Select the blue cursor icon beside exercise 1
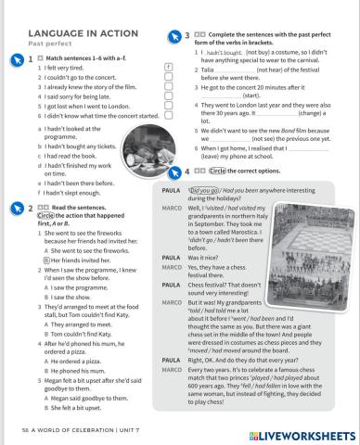tap(15, 57)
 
